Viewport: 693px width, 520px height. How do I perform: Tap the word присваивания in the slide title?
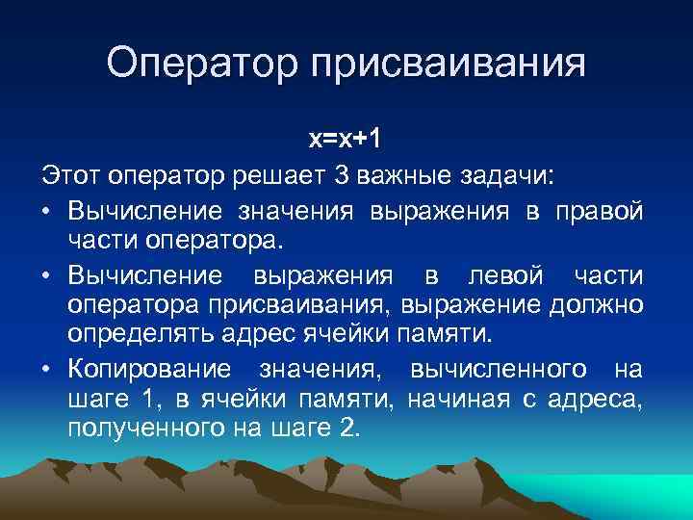[x=448, y=65]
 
